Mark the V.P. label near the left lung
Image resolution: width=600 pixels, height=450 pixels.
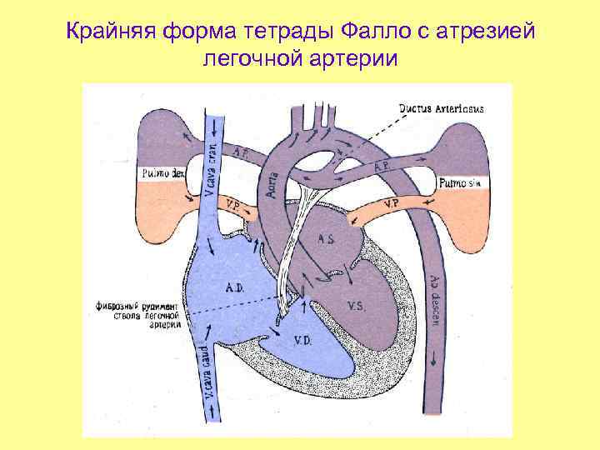tap(389, 203)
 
